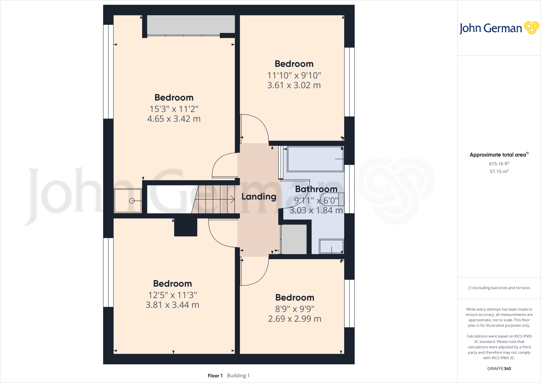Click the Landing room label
pyautogui.click(x=259, y=197)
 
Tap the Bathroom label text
pyautogui.click(x=316, y=189)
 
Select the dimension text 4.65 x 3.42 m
pyautogui.click(x=174, y=119)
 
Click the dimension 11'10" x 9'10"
pyautogui.click(x=294, y=75)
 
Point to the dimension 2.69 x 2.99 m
pyautogui.click(x=295, y=319)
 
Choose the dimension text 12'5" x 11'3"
pyautogui.click(x=172, y=295)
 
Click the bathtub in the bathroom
pyautogui.click(x=315, y=159)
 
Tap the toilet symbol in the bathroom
pyautogui.click(x=332, y=199)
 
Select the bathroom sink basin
pyautogui.click(x=331, y=246)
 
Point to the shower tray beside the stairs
pyautogui.click(x=128, y=201)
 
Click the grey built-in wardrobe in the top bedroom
pyautogui.click(x=191, y=25)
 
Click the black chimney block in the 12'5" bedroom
pyautogui.click(x=186, y=227)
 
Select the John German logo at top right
pyautogui.click(x=499, y=28)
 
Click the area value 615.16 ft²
pyautogui.click(x=499, y=164)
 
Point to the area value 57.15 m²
pyautogui.click(x=499, y=171)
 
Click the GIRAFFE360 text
pyautogui.click(x=499, y=368)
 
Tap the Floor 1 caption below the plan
pyautogui.click(x=215, y=376)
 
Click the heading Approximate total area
pyautogui.click(x=498, y=155)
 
